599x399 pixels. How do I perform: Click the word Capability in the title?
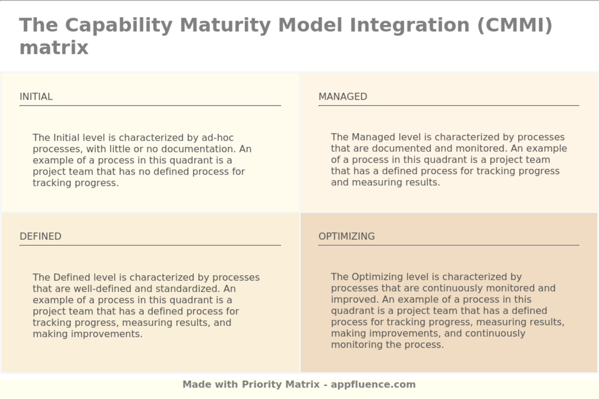click(119, 25)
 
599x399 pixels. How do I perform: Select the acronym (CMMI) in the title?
click(515, 25)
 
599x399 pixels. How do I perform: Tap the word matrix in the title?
click(54, 48)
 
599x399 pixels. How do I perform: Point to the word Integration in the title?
click(409, 25)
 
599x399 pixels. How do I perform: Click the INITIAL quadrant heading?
click(36, 97)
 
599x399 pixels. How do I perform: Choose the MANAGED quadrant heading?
click(343, 97)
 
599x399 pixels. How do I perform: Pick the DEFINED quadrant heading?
click(40, 236)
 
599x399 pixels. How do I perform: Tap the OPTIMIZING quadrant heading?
click(347, 236)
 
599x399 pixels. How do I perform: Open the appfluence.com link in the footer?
click(373, 384)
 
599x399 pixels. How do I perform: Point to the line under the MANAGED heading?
click(449, 105)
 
